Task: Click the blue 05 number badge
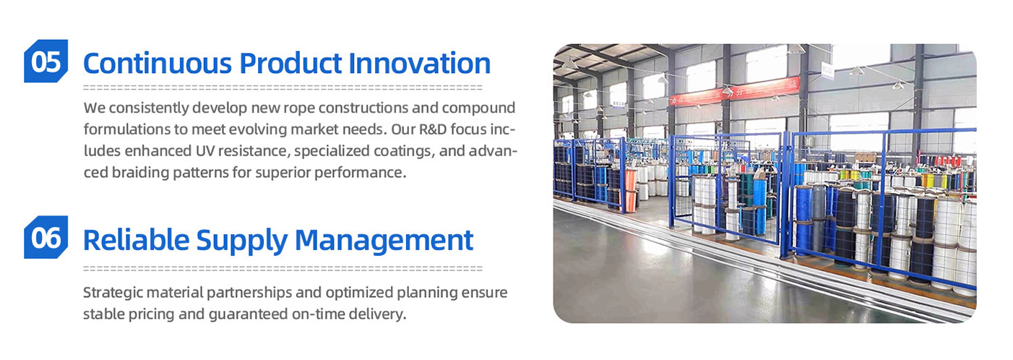pyautogui.click(x=46, y=61)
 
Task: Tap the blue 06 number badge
pyautogui.click(x=46, y=237)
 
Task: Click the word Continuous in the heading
pyautogui.click(x=158, y=63)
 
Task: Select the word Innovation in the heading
pyautogui.click(x=419, y=63)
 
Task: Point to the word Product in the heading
pyautogui.click(x=290, y=63)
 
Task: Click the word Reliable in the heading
pyautogui.click(x=136, y=240)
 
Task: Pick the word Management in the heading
pyautogui.click(x=384, y=241)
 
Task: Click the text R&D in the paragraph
pyautogui.click(x=433, y=129)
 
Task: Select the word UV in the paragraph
pyautogui.click(x=205, y=150)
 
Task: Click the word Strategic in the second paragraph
pyautogui.click(x=113, y=293)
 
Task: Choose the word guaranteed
pyautogui.click(x=249, y=314)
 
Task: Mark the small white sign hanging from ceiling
pyautogui.click(x=827, y=70)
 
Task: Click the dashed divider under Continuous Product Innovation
pyautogui.click(x=283, y=87)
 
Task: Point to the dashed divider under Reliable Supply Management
pyautogui.click(x=283, y=269)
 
